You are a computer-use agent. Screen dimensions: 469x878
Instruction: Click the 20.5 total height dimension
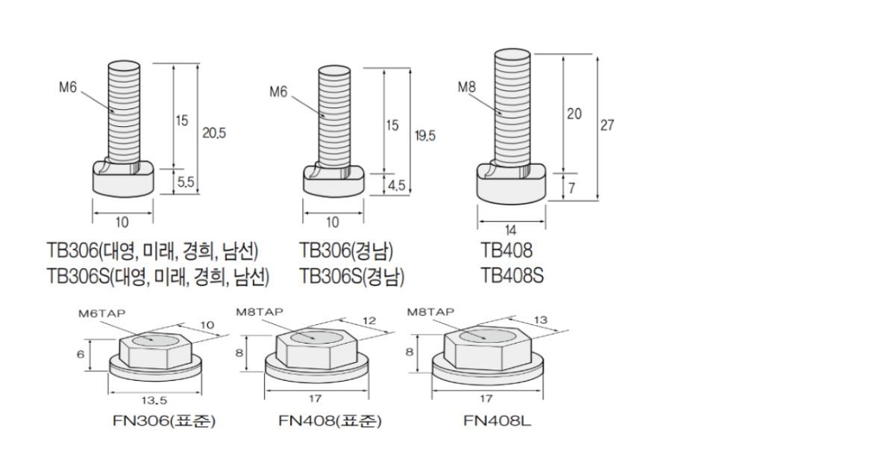pyautogui.click(x=214, y=133)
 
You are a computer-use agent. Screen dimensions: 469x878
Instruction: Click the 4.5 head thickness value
pyautogui.click(x=395, y=185)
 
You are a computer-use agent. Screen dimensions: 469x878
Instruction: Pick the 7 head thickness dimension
pyautogui.click(x=571, y=188)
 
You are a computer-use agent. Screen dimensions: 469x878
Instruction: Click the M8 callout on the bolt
pyautogui.click(x=467, y=87)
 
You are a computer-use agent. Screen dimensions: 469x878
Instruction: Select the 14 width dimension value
pyautogui.click(x=511, y=231)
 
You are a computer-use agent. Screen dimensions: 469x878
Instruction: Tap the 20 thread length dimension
pyautogui.click(x=574, y=114)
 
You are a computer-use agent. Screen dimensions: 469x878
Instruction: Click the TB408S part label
pyautogui.click(x=512, y=276)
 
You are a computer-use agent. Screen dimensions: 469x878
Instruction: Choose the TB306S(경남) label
pyautogui.click(x=352, y=277)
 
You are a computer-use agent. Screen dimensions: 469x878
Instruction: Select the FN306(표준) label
pyautogui.click(x=164, y=421)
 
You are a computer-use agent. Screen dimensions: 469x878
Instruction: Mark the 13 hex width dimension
pyautogui.click(x=541, y=320)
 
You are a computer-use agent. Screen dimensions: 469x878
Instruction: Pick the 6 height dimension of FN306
pyautogui.click(x=81, y=355)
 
